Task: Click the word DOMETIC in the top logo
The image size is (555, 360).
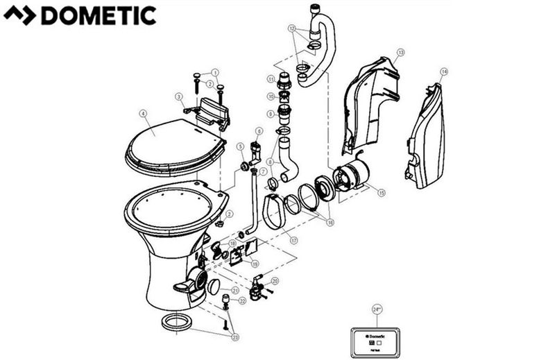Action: (99, 15)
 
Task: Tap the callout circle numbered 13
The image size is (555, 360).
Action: (400, 52)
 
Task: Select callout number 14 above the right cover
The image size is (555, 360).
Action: (444, 71)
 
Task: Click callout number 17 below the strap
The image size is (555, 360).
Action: (294, 241)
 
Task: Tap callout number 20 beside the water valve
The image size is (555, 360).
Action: (275, 281)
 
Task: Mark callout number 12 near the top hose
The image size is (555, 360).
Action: (293, 29)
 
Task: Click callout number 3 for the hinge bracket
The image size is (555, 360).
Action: (178, 96)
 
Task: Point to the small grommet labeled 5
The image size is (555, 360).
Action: (245, 166)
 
